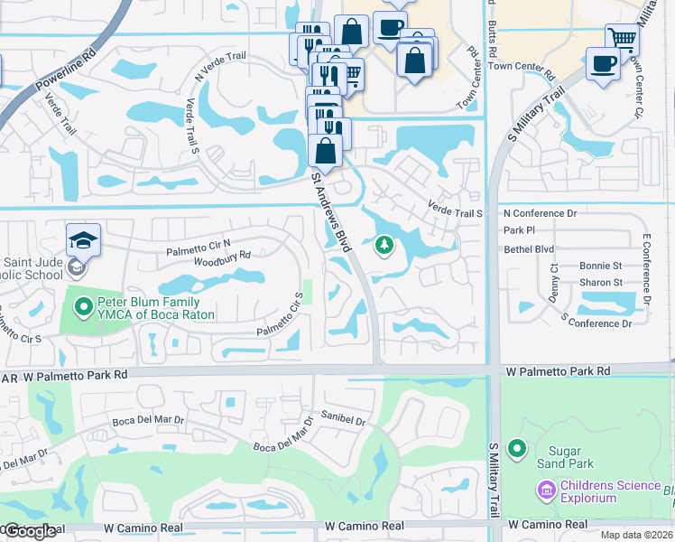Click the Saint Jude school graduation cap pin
83,240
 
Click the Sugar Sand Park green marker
517,449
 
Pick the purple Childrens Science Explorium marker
545,491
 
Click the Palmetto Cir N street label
199,245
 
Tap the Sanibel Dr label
343,417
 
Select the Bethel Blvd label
529,248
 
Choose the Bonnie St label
601,266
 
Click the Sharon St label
601,283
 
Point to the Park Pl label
520,230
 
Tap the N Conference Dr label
540,213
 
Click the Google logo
30,531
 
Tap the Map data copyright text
634,535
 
